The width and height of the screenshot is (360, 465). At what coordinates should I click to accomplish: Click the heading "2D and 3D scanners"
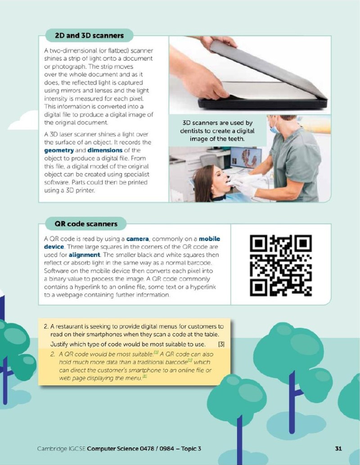(x=90, y=36)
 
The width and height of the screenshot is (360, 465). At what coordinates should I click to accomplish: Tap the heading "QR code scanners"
(x=86, y=224)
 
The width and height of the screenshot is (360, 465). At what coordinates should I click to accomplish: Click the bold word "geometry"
(x=59, y=150)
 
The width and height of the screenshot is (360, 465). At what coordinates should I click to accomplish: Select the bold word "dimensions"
(x=105, y=150)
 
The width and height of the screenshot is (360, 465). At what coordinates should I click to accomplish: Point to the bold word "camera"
(x=137, y=239)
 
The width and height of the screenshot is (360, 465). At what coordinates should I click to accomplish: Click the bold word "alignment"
(x=84, y=255)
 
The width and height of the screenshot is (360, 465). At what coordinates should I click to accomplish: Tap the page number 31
(x=338, y=448)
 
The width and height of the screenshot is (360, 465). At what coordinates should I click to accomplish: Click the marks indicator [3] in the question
(x=221, y=344)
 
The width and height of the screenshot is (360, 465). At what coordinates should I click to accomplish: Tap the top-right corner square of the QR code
(x=303, y=244)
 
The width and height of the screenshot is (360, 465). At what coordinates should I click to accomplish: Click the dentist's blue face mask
(x=274, y=129)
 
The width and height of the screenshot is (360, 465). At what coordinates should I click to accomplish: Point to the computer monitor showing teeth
(x=246, y=157)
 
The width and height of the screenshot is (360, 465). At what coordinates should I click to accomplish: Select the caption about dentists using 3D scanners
(x=217, y=131)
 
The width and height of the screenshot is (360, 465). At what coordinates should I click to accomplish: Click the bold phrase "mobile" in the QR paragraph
(x=210, y=239)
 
